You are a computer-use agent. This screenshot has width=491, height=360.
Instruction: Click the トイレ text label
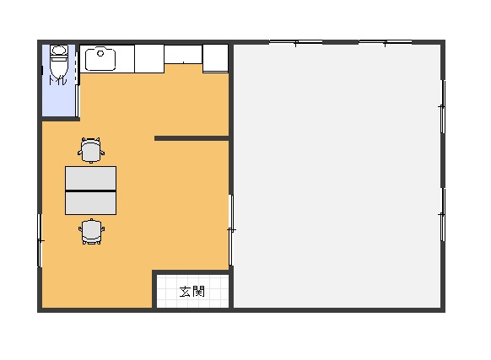click(57, 80)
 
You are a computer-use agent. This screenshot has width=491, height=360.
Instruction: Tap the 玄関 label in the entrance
click(192, 292)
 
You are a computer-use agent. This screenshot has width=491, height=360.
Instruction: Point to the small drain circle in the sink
click(100, 53)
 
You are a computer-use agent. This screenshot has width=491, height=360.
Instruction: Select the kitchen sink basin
click(100, 59)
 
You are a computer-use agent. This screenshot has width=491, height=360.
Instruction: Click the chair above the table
click(91, 150)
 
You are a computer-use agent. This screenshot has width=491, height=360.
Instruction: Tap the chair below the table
click(91, 232)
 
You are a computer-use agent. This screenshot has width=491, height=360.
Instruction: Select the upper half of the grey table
click(90, 178)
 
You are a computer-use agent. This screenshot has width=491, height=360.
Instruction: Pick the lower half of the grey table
click(90, 203)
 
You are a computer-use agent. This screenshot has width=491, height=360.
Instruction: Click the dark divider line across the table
click(90, 191)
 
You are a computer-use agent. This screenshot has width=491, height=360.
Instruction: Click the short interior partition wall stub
click(192, 138)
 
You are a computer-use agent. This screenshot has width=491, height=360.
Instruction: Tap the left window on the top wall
click(296, 42)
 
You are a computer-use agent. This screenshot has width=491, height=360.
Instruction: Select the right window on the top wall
click(386, 42)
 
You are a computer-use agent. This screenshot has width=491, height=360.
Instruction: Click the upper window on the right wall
click(442, 107)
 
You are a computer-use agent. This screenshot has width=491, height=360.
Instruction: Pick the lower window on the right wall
click(442, 214)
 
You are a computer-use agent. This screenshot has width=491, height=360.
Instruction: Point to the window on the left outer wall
click(40, 240)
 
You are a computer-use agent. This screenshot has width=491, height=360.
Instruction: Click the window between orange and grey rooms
click(231, 230)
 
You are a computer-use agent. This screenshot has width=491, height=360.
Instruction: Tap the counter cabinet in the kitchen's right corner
click(215, 58)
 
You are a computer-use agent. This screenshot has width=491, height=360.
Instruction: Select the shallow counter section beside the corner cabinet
click(183, 55)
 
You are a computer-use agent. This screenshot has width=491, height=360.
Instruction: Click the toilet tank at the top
click(59, 50)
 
